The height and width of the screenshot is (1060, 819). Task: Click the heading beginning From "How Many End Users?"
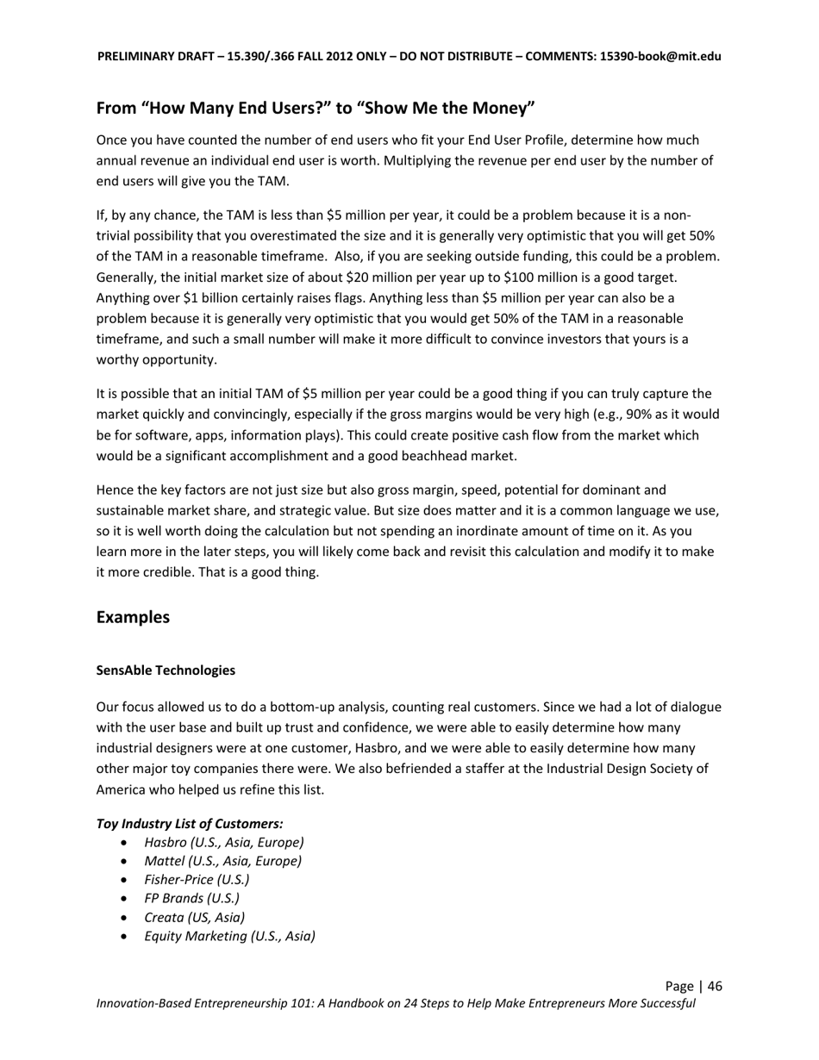tap(316, 109)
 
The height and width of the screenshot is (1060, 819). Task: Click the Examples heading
tap(133, 618)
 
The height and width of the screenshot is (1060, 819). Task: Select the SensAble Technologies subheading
tap(166, 670)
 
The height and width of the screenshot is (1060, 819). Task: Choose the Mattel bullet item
tap(223, 861)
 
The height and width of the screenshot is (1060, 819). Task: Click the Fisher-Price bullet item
tap(197, 880)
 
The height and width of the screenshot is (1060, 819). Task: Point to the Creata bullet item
tap(194, 917)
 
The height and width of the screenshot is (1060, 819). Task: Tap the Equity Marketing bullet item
tap(229, 936)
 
